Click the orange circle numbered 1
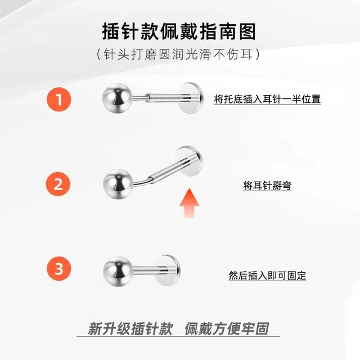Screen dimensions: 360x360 pos(58,100)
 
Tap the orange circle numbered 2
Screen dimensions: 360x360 pos(58,184)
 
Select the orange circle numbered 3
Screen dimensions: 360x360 pos(58,269)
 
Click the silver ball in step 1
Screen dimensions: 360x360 pos(118,98)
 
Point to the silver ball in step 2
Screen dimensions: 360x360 pos(118,184)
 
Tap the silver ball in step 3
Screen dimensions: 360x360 pos(118,272)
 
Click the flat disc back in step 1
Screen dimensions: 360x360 pos(191,98)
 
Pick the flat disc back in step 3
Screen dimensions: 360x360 pos(168,271)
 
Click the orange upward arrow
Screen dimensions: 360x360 pos(189,203)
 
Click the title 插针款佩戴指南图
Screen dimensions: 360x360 pos(179,31)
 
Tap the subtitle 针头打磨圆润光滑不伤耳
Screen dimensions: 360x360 pos(178,54)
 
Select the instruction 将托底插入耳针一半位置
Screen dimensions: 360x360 pos(267,99)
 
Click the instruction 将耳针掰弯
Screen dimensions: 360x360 pos(267,185)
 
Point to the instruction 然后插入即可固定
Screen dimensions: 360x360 pos(267,275)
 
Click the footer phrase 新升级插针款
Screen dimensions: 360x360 pos(130,328)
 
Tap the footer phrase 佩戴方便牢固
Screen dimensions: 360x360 pos(227,328)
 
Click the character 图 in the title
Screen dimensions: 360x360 pos(247,31)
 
